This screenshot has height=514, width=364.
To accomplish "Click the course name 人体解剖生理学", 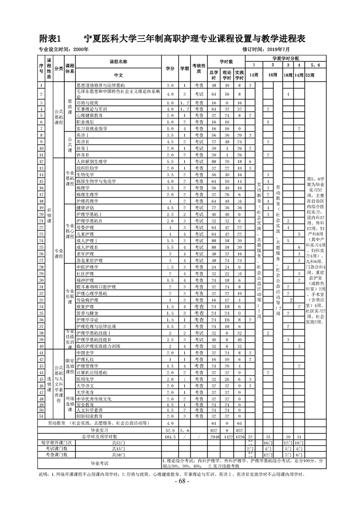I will coord(91,162).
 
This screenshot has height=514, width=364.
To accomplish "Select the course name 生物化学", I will coord(85,175).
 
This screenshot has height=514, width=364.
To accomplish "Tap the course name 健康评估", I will coord(85,208).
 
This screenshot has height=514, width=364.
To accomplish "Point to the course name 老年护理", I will coord(85,253).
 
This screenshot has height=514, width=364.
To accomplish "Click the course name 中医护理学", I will coord(87,267).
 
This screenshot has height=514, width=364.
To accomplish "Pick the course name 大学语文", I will coord(85,386).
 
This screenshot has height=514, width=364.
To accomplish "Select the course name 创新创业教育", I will coord(88,416).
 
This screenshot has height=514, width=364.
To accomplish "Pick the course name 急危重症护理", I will coord(90,260).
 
